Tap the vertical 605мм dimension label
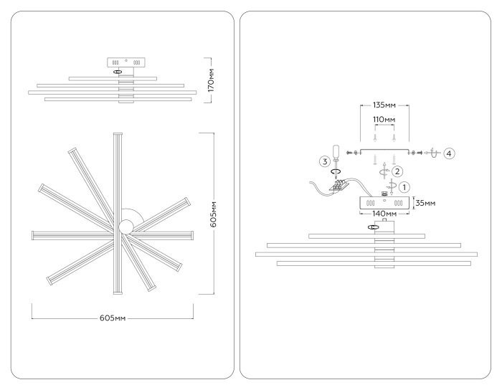click(x=213, y=214)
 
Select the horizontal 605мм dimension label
click(x=113, y=318)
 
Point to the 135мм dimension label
click(x=384, y=105)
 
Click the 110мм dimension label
click(x=384, y=119)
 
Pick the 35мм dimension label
click(x=425, y=203)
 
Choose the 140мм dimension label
click(x=384, y=213)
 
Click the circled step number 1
click(x=404, y=187)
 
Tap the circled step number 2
click(x=397, y=171)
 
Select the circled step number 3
click(x=325, y=161)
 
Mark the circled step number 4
click(x=449, y=153)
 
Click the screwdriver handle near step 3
click(x=336, y=152)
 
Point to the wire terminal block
click(x=338, y=185)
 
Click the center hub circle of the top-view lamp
click(x=126, y=227)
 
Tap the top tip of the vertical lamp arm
click(x=118, y=133)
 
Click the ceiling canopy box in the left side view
click(x=126, y=62)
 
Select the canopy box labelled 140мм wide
click(x=384, y=203)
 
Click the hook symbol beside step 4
click(x=432, y=153)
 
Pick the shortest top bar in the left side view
click(x=113, y=78)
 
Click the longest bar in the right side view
click(x=366, y=255)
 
